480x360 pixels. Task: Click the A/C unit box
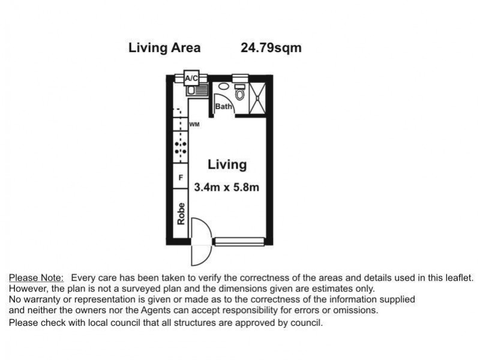[x=191, y=78]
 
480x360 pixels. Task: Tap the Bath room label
[x=223, y=107]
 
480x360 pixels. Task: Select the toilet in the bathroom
[x=239, y=92]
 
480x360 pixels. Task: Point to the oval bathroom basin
[x=224, y=86]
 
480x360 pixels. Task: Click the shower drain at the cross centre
[x=257, y=98]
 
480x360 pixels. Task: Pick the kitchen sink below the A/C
[x=197, y=91]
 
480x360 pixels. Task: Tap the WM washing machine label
[x=194, y=124]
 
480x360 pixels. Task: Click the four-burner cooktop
[x=181, y=147]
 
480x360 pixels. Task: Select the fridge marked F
[x=181, y=176]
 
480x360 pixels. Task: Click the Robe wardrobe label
[x=181, y=214]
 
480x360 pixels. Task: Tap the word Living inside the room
[x=227, y=164]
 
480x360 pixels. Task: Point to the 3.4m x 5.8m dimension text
[x=227, y=187]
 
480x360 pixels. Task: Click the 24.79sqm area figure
[x=271, y=48]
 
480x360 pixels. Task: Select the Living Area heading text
[x=164, y=48]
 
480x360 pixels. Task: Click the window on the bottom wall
[x=239, y=242]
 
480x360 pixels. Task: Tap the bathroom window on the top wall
[x=241, y=79]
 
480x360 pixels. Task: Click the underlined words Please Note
[x=36, y=278]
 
